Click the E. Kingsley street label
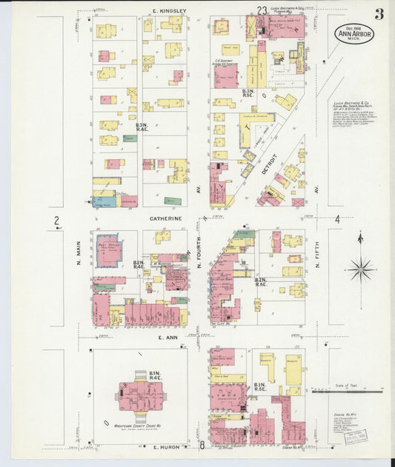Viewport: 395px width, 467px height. (170, 11)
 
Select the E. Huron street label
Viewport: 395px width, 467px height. (166, 447)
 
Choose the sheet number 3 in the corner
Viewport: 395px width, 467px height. (379, 13)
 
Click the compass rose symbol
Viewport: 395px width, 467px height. (360, 267)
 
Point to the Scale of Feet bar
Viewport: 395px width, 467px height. (348, 392)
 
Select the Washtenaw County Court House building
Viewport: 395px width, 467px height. (140, 395)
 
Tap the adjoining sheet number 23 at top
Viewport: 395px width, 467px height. (262, 10)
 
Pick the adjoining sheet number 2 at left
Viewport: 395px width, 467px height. (56, 220)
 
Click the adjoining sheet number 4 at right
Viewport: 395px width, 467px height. (337, 219)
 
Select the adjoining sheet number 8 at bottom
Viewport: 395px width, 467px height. (202, 446)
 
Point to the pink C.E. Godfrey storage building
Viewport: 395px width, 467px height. (227, 75)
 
